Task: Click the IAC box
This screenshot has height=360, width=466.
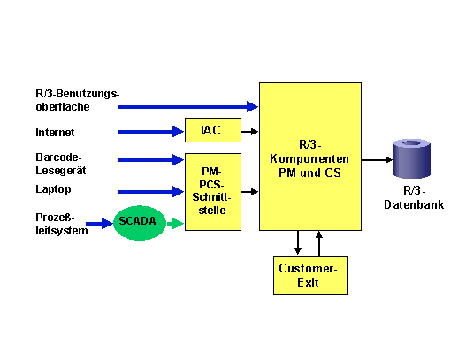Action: tap(213, 130)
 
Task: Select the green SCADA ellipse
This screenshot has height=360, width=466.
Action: tap(140, 223)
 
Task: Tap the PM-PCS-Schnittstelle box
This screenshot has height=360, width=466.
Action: tap(213, 192)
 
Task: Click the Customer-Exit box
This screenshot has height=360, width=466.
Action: tap(310, 275)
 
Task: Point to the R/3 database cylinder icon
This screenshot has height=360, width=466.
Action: tap(411, 158)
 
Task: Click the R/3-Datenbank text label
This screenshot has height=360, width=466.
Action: tap(414, 197)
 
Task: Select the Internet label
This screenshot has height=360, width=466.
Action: tap(55, 133)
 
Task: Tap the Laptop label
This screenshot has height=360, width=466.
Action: tap(53, 189)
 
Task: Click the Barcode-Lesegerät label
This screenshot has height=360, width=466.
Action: tap(61, 164)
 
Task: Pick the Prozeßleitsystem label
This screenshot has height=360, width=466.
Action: tap(62, 224)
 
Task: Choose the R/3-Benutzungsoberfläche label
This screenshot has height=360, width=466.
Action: tap(77, 100)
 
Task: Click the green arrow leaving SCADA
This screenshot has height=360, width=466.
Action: tap(175, 223)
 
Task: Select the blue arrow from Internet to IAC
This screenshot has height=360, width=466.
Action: tap(150, 132)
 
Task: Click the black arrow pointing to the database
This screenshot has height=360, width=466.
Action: tap(377, 160)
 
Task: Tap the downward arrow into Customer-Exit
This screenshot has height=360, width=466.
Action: tap(297, 242)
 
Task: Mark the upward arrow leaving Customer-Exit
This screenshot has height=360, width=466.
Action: tap(319, 243)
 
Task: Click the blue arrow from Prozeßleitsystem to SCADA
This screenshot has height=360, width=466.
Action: tap(100, 223)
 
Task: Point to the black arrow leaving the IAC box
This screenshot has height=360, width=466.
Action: tap(249, 132)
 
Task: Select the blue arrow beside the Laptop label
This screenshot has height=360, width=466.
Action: tap(150, 191)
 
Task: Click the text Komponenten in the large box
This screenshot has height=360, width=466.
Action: tap(309, 158)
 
